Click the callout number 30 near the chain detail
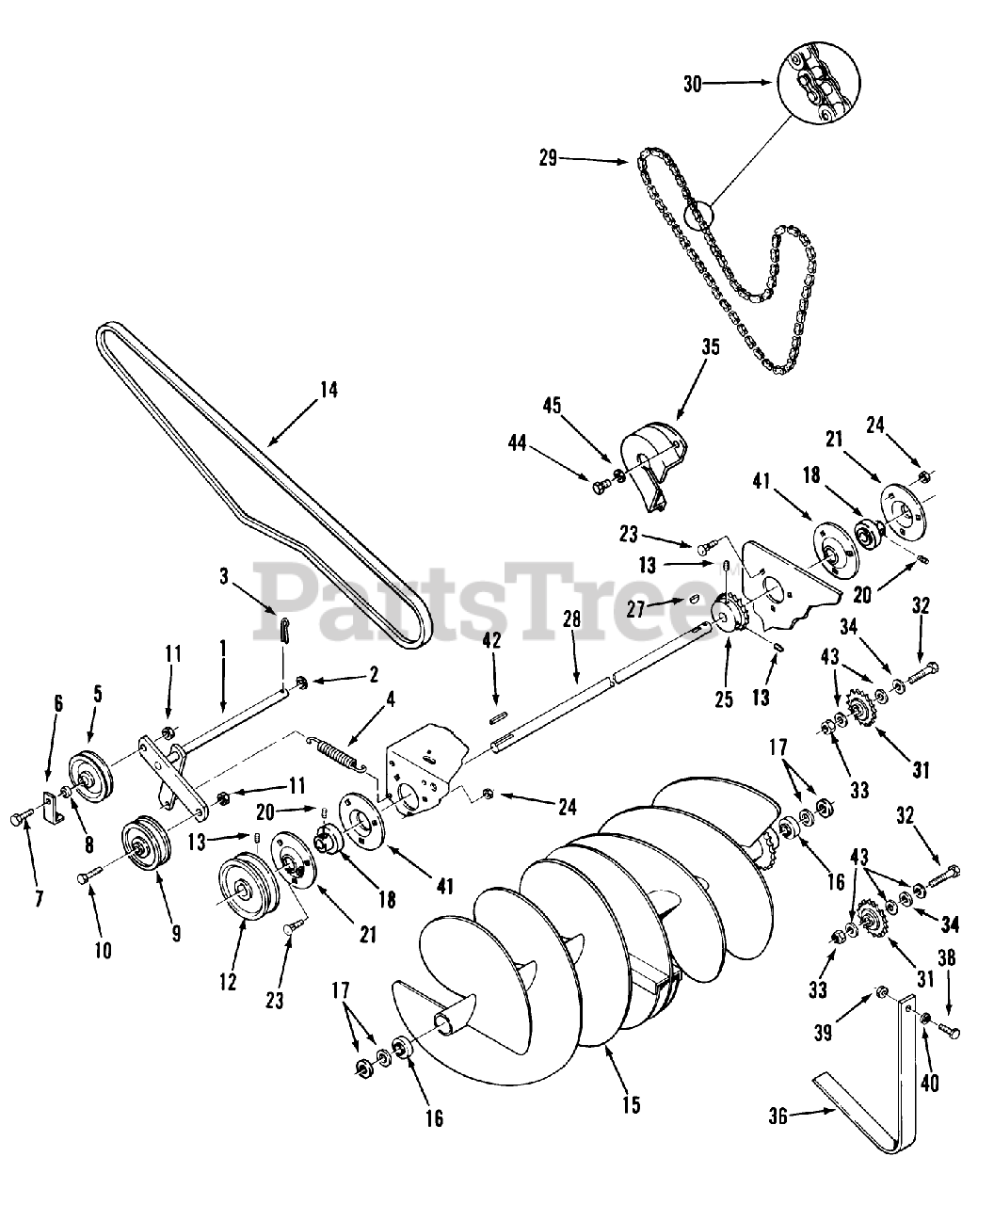[692, 84]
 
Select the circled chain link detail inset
[818, 84]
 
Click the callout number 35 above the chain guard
[710, 346]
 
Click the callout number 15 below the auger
[632, 1104]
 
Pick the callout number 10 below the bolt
[103, 950]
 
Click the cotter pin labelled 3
[284, 629]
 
